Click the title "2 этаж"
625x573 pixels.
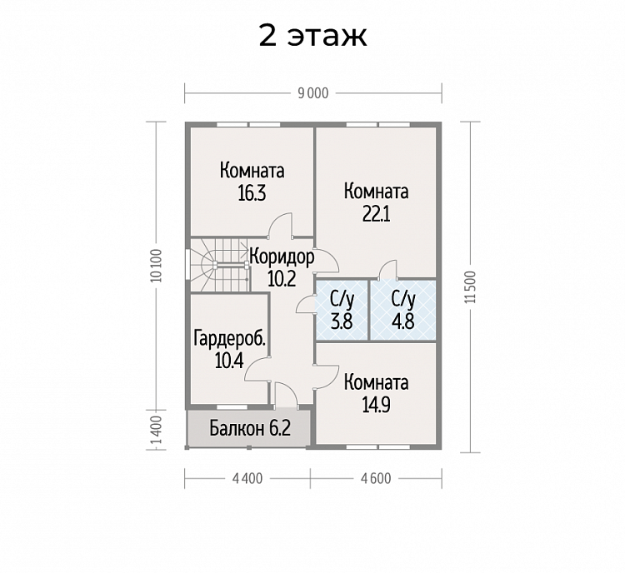coord(312,36)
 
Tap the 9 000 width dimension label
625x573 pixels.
coord(313,93)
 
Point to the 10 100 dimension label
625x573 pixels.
coord(157,266)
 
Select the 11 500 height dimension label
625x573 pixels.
coord(470,286)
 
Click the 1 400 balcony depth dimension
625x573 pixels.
coord(157,432)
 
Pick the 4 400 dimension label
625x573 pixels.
coord(247,478)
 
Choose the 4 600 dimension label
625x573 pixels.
coord(376,478)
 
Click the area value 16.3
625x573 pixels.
coord(252,193)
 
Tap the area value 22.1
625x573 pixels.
coord(377,214)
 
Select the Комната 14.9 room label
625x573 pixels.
coord(377,393)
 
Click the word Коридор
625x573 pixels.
coord(282,257)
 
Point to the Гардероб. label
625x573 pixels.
coord(230,339)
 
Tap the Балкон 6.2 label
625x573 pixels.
coord(250,429)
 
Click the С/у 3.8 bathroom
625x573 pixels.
coord(342,310)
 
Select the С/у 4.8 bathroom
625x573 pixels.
coord(403,310)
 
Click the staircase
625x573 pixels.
coord(217,265)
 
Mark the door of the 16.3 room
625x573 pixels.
coord(281,226)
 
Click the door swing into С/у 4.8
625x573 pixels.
coord(388,270)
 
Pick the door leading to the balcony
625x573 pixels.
coord(285,395)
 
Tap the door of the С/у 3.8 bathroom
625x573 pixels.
coord(306,304)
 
